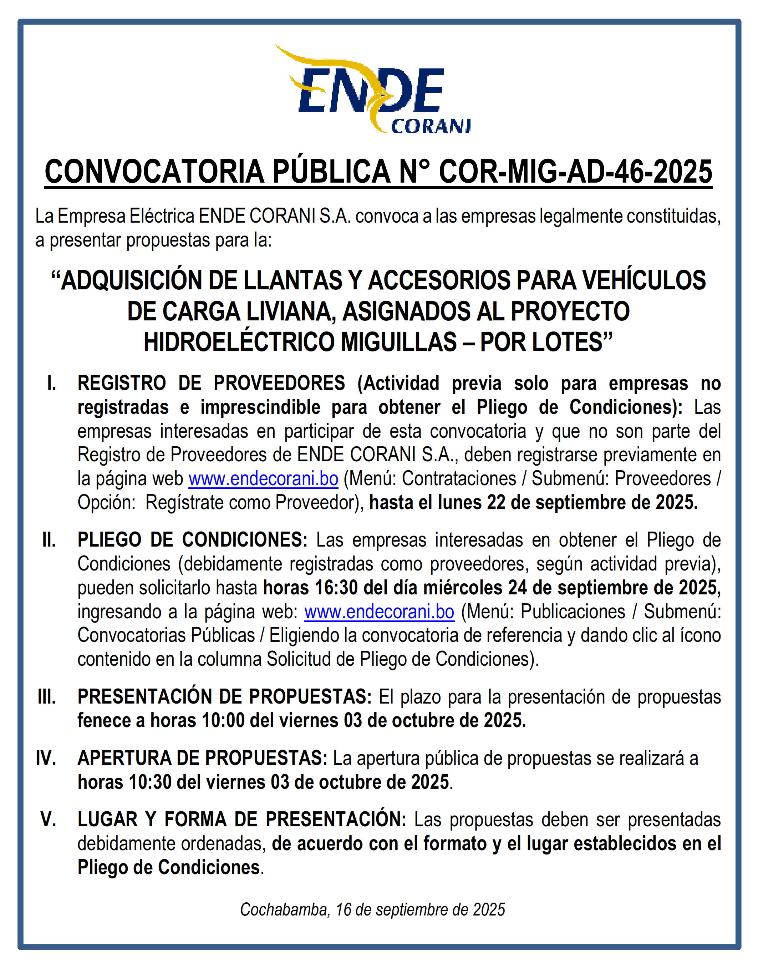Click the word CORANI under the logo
(430, 127)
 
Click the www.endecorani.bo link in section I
(263, 479)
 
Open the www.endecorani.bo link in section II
(379, 612)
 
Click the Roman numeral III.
(47, 697)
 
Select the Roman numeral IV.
(46, 758)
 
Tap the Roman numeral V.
(48, 820)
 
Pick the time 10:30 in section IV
(150, 782)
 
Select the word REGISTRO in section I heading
(122, 384)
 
